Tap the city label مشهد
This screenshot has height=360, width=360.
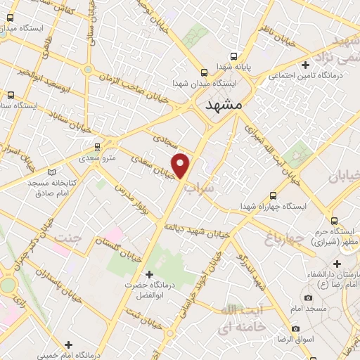point(223,105)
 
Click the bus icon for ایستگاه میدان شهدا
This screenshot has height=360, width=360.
point(204,72)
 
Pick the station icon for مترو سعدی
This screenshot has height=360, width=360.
point(98,146)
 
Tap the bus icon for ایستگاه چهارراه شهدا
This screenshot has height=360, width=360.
point(273,196)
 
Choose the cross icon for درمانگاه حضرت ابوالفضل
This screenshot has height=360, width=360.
point(148,274)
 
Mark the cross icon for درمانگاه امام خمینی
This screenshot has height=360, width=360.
point(68,344)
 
